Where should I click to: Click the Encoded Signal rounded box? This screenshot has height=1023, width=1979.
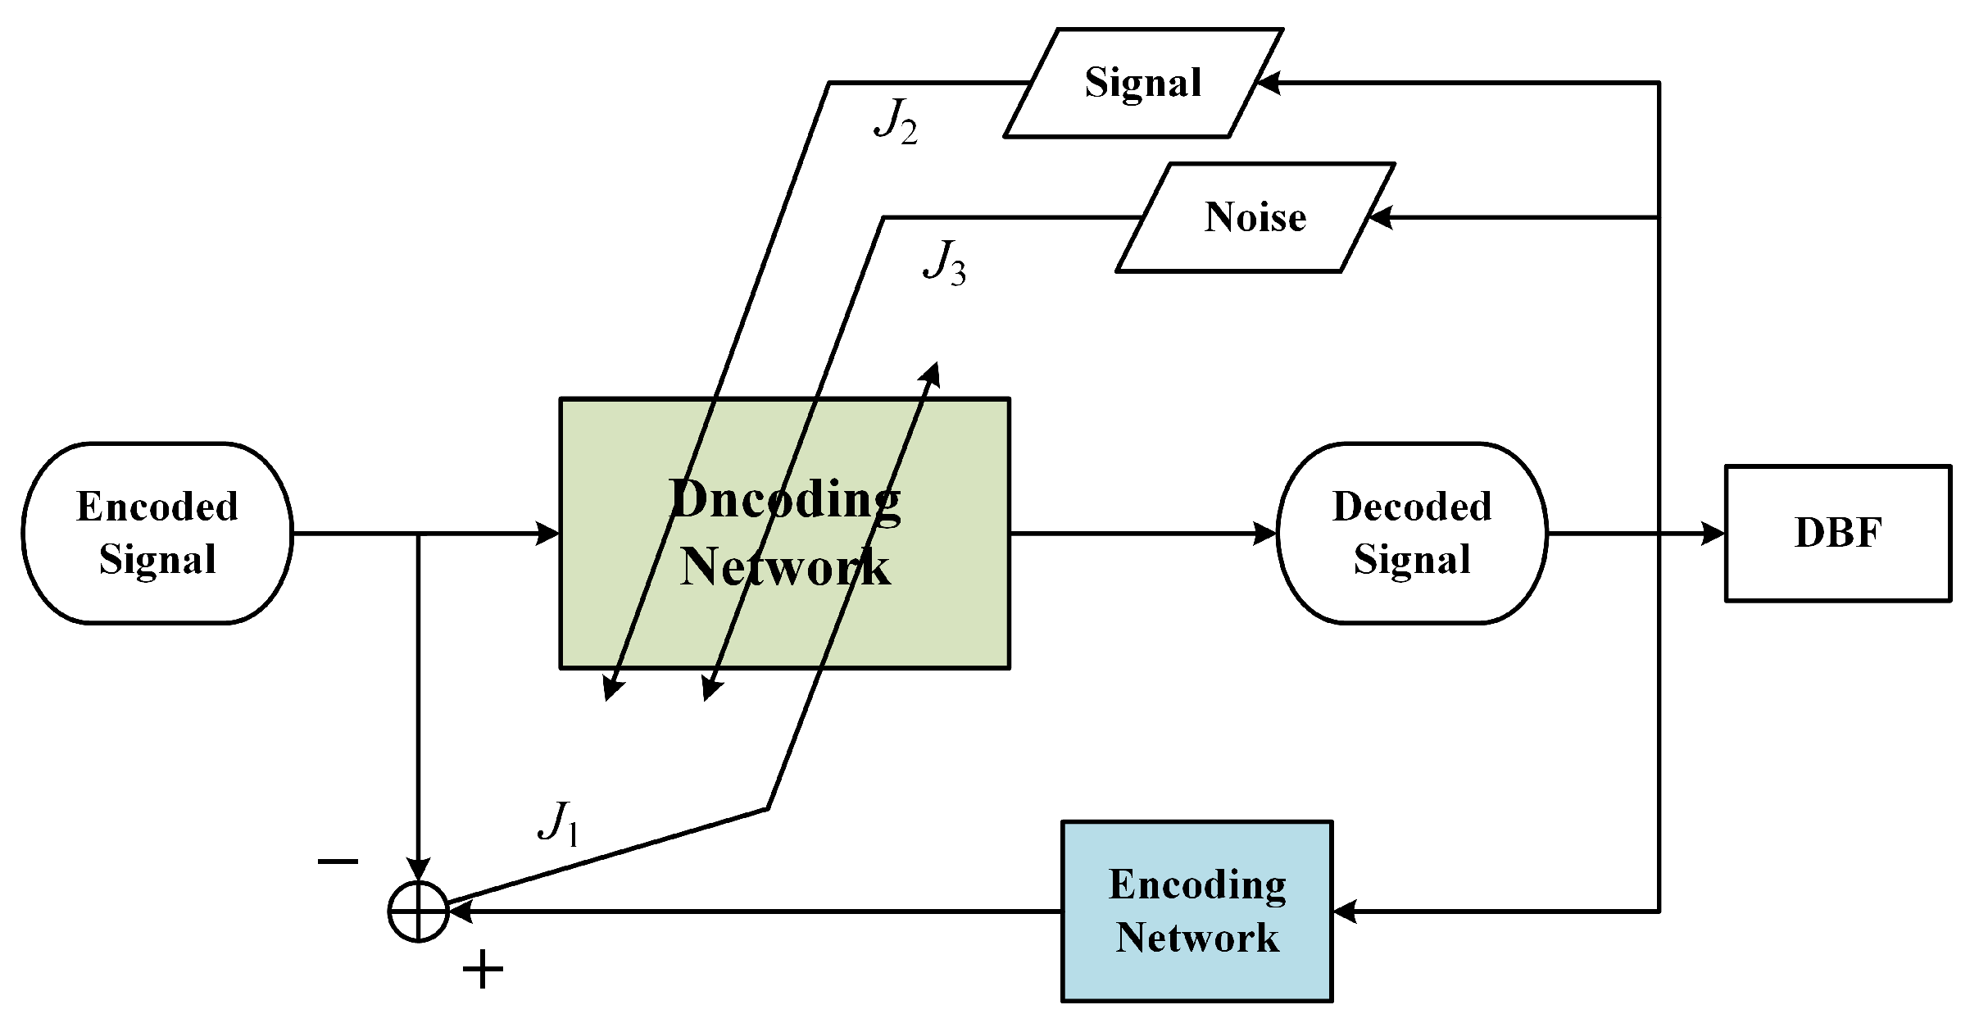pos(157,533)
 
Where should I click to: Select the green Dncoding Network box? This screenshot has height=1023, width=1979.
pos(783,534)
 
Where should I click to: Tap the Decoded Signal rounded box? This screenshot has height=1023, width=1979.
pos(1411,533)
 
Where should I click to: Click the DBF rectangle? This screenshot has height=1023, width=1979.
pos(1837,534)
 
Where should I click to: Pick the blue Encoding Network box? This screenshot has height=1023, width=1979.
pos(1196,911)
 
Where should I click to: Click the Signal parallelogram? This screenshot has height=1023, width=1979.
pos(1142,83)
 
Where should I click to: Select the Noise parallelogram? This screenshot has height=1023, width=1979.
pos(1255,217)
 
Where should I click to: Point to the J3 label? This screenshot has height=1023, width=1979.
pos(944,262)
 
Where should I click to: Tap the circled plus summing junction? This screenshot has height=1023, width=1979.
pos(418,912)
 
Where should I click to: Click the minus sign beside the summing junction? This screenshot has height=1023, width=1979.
pos(338,861)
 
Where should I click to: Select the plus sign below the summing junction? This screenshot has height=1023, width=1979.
pos(483,971)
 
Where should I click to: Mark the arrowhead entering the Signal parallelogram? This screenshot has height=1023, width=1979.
pos(1268,83)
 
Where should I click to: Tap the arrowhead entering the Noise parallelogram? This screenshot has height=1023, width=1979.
pos(1380,217)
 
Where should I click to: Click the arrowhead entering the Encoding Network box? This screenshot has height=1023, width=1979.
pos(1345,911)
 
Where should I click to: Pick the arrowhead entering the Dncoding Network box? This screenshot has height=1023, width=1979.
pos(547,534)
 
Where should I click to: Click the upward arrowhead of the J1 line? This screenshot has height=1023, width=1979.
pos(931,374)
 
